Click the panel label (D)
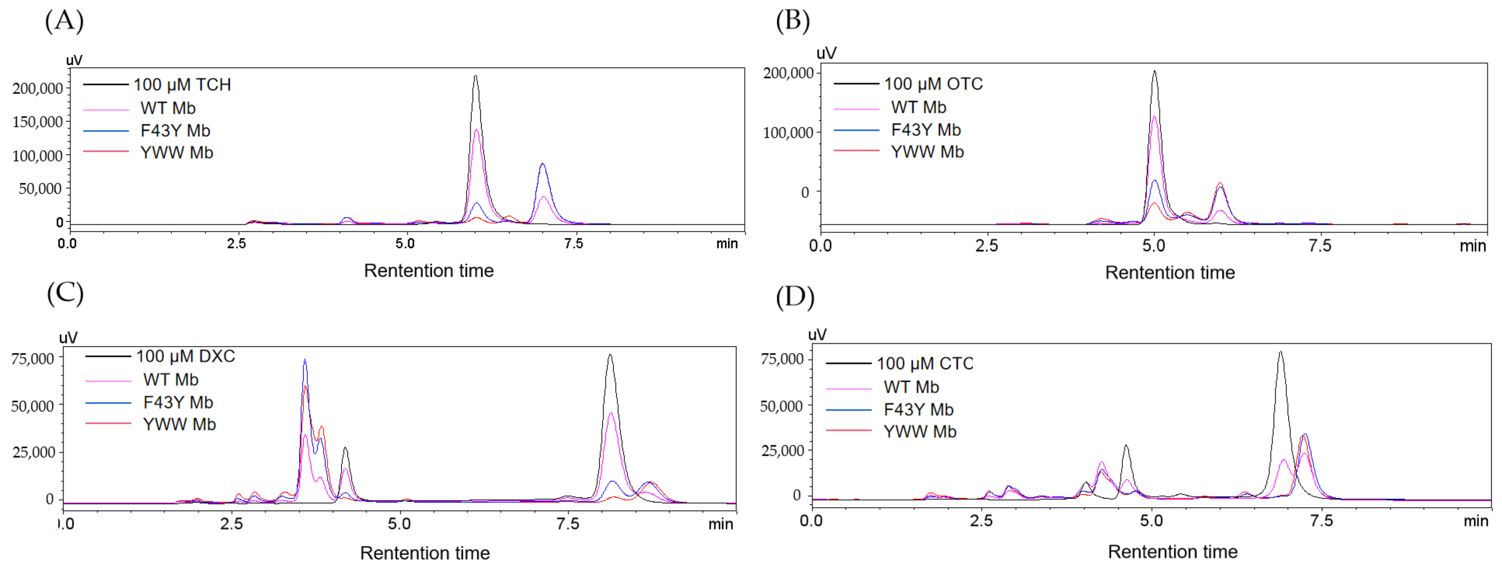(795, 296)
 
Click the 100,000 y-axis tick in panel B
(788, 133)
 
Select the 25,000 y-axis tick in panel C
(33, 452)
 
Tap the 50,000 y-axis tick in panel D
(781, 406)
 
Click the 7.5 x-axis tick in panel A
(574, 244)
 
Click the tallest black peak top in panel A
(476, 76)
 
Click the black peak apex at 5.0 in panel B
(1154, 72)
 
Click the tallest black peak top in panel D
(1280, 352)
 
